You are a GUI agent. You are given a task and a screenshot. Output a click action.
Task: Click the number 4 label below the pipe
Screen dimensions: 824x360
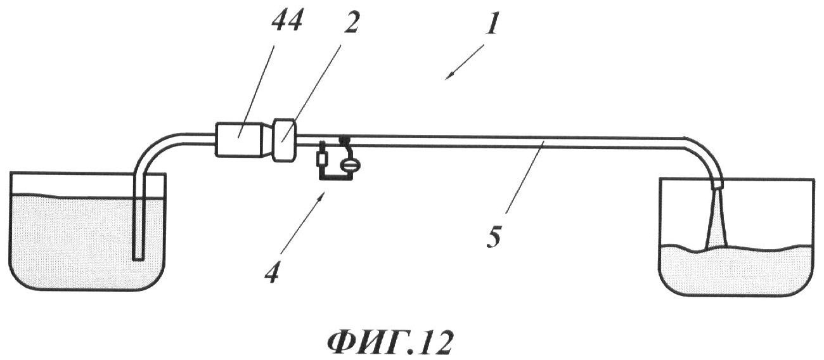(x=274, y=272)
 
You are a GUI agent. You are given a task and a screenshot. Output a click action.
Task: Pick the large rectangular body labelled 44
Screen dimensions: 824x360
(x=239, y=140)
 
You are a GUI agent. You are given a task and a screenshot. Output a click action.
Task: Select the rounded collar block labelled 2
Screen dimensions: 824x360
(x=285, y=140)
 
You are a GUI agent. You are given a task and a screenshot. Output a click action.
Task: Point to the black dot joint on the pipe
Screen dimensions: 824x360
(x=344, y=139)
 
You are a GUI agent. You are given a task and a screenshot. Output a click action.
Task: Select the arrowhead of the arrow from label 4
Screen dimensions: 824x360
(x=323, y=195)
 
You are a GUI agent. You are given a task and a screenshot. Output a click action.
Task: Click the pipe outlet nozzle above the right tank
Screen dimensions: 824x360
(x=718, y=183)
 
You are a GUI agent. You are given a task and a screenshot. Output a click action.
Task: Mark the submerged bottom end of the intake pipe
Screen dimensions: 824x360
(x=139, y=258)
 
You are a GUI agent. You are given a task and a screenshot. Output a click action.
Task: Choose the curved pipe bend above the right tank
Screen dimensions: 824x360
(x=702, y=155)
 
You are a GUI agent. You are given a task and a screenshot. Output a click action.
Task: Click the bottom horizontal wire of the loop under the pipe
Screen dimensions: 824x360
(x=335, y=179)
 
